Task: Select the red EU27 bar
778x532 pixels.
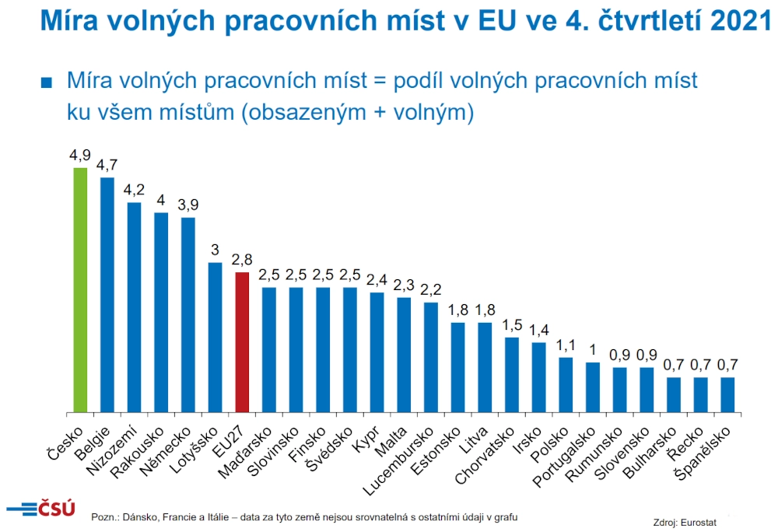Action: tap(242, 341)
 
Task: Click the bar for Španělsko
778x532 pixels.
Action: tap(727, 394)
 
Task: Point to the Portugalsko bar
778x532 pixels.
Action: tap(593, 387)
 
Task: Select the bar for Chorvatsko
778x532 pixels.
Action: tap(512, 374)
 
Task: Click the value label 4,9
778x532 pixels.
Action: tap(80, 156)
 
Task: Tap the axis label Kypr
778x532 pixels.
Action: tap(366, 438)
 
